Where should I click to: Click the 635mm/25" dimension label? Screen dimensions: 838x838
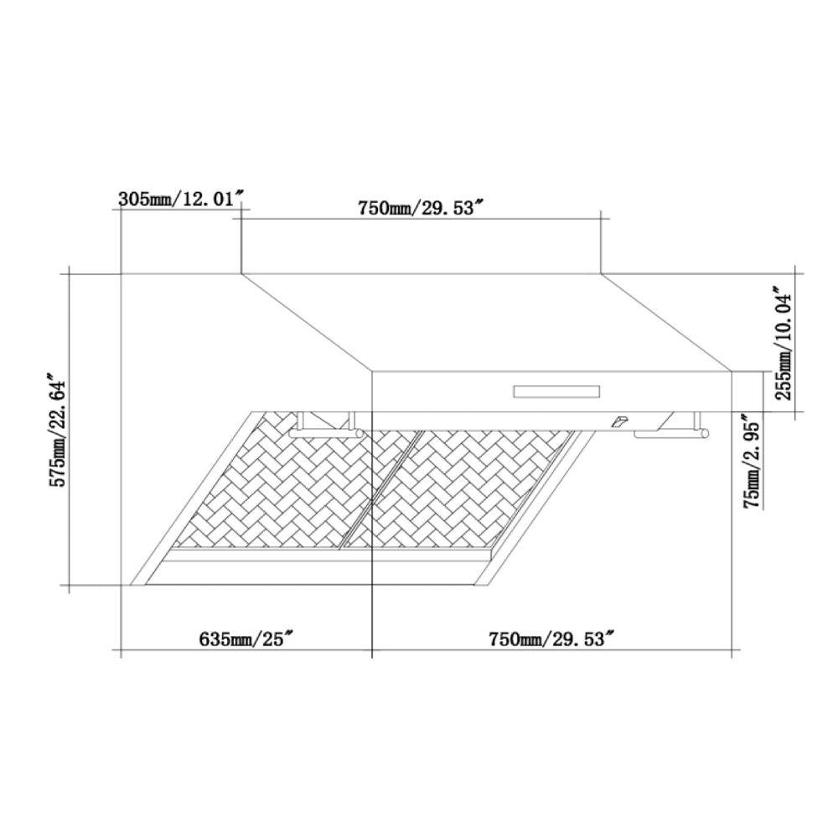(245, 639)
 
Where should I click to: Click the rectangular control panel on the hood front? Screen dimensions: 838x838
(557, 391)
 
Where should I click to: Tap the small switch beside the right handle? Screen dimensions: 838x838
(619, 422)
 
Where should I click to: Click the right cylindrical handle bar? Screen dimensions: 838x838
(670, 434)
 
